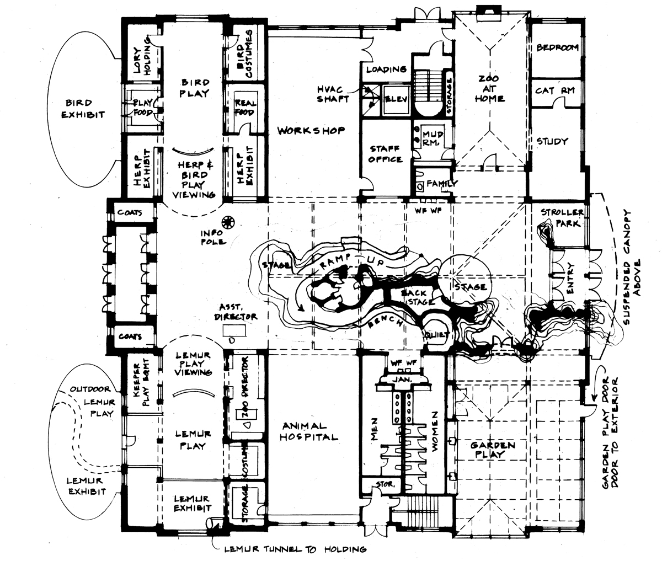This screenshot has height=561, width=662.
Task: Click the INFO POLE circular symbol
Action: click(227, 222)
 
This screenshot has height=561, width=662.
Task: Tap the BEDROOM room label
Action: click(557, 47)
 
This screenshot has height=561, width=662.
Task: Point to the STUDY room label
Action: click(552, 141)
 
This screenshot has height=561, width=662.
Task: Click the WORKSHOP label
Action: click(311, 131)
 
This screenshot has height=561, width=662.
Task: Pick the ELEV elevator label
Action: click(396, 99)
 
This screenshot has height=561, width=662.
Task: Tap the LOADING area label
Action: click(386, 70)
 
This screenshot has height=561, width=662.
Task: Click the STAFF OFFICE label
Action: click(386, 153)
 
